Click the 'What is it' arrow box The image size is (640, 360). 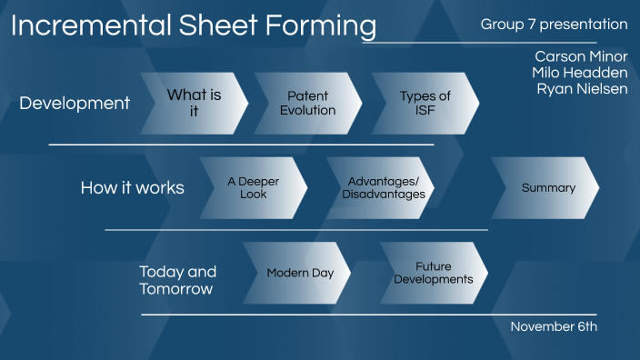pyautogui.click(x=194, y=104)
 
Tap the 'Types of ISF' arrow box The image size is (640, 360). pyautogui.click(x=425, y=104)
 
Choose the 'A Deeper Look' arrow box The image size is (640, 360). pyautogui.click(x=254, y=188)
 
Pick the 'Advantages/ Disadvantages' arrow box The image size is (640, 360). pyautogui.click(x=385, y=188)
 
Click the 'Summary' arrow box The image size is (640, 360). pyautogui.click(x=547, y=188)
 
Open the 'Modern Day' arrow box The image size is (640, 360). pyautogui.click(x=299, y=273)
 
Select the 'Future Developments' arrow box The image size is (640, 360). pyautogui.click(x=433, y=273)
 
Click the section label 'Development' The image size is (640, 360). pyautogui.click(x=75, y=104)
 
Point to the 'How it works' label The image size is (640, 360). pyautogui.click(x=133, y=188)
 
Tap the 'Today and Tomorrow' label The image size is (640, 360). pyautogui.click(x=177, y=280)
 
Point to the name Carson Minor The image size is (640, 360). pyautogui.click(x=580, y=56)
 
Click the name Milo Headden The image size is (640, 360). pyautogui.click(x=579, y=72)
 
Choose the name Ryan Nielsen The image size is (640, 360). pyautogui.click(x=582, y=88)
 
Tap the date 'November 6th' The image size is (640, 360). pyautogui.click(x=553, y=326)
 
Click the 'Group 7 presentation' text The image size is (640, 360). pyautogui.click(x=554, y=25)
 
